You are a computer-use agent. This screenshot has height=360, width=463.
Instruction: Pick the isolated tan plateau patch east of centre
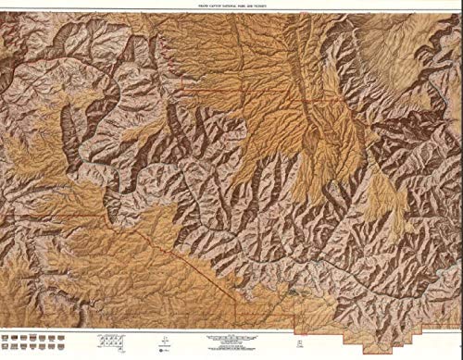(381, 194)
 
